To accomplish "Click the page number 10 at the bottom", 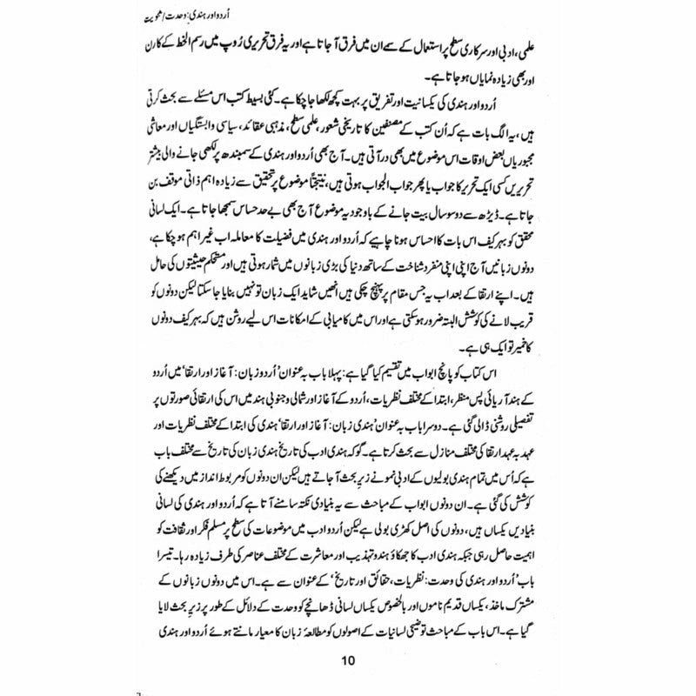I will [x=348, y=659].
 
